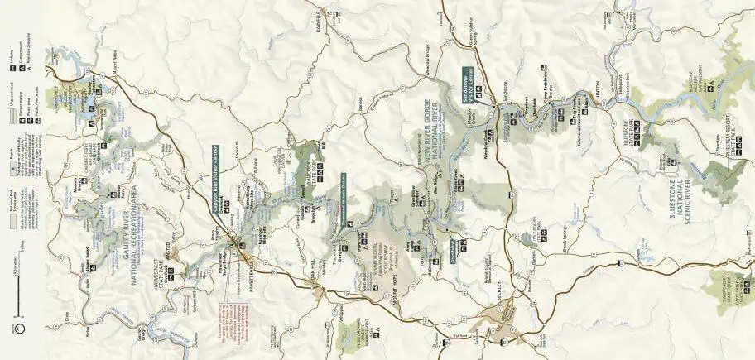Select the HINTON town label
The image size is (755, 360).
click(x=590, y=94)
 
